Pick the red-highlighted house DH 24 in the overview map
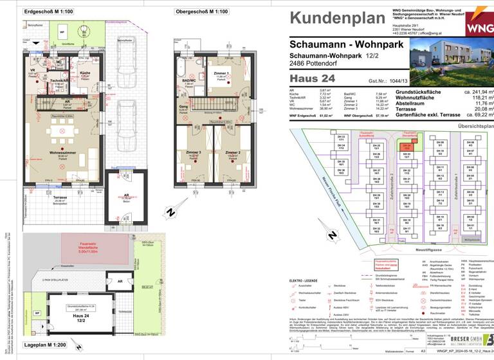pyautogui.click(x=406, y=145)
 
